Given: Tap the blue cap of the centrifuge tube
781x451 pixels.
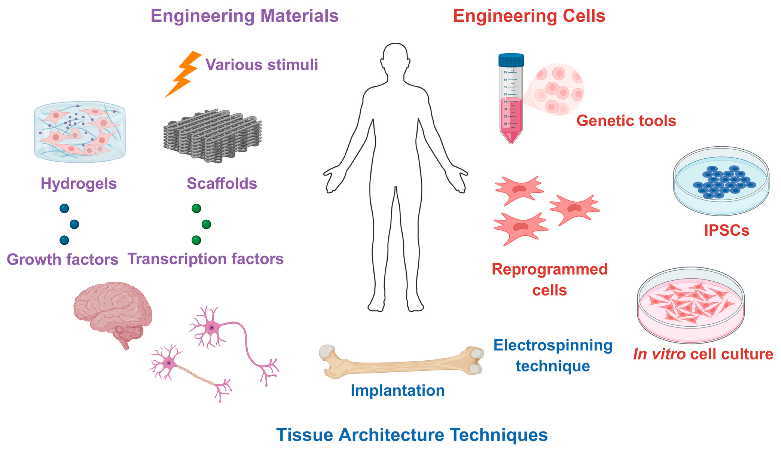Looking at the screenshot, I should pyautogui.click(x=511, y=60).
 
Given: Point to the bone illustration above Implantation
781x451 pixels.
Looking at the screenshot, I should pyautogui.click(x=401, y=362).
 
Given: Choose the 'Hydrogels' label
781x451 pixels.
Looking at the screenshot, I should pyautogui.click(x=79, y=183).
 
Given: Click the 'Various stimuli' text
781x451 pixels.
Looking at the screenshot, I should pyautogui.click(x=262, y=65).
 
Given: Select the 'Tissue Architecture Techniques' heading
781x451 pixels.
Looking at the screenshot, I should pyautogui.click(x=412, y=435).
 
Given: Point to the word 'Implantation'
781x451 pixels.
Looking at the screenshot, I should pyautogui.click(x=398, y=390).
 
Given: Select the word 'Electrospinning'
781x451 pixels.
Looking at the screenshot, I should pyautogui.click(x=553, y=345).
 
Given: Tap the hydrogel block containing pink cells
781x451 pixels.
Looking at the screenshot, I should pyautogui.click(x=80, y=132).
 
